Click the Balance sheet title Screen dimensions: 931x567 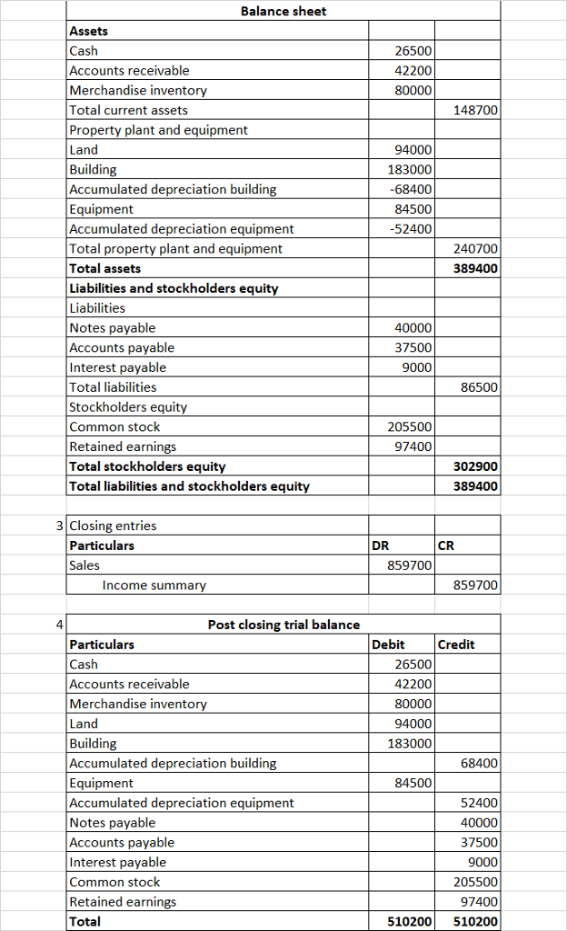[283, 11]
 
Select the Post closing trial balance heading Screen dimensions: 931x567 [283, 625]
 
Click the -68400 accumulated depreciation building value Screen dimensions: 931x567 [410, 189]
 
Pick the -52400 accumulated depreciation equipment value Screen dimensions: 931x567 [410, 229]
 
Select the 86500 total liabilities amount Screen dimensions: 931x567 [479, 387]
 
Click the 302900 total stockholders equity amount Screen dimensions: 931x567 [475, 466]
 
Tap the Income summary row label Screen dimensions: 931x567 [154, 586]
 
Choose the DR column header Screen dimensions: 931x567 [382, 546]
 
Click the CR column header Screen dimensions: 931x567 [446, 546]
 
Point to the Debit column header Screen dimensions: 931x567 [389, 645]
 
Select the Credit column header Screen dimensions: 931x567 [456, 645]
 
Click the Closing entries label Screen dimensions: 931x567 [113, 526]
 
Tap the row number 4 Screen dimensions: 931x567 [59, 625]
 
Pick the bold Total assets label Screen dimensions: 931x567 [105, 268]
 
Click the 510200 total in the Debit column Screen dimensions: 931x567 [410, 921]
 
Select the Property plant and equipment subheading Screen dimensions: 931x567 [158, 130]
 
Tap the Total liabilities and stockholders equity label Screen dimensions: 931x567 [189, 486]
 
